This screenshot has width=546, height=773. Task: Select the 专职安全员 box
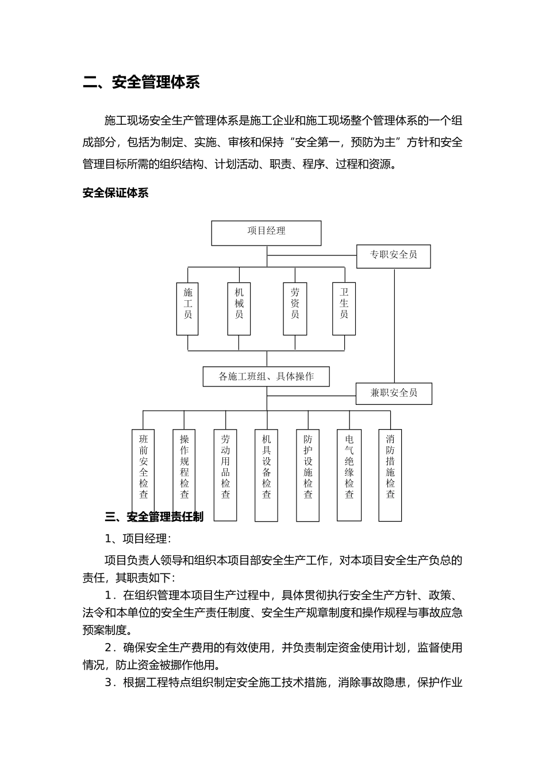[393, 256]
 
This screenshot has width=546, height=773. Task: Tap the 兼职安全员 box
[394, 393]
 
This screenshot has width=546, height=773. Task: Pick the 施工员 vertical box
[187, 308]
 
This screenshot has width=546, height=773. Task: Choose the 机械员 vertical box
[239, 308]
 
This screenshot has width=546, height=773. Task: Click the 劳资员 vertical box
[295, 308]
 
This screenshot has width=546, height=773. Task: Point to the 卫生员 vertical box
[344, 308]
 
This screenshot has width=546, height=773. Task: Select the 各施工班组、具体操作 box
[266, 377]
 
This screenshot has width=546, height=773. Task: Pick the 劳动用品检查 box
[225, 474]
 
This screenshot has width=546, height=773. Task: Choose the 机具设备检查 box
[266, 474]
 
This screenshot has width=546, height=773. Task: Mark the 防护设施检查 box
[307, 474]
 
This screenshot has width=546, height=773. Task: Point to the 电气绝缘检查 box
[349, 474]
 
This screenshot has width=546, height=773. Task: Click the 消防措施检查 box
[390, 474]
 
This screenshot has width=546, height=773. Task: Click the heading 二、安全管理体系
[141, 82]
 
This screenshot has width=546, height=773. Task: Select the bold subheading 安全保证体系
[116, 193]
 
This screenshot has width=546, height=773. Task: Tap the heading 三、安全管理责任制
[154, 517]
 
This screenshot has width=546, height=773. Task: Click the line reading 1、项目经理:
[137, 539]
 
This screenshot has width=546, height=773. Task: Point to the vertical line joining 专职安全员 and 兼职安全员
[394, 325]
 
